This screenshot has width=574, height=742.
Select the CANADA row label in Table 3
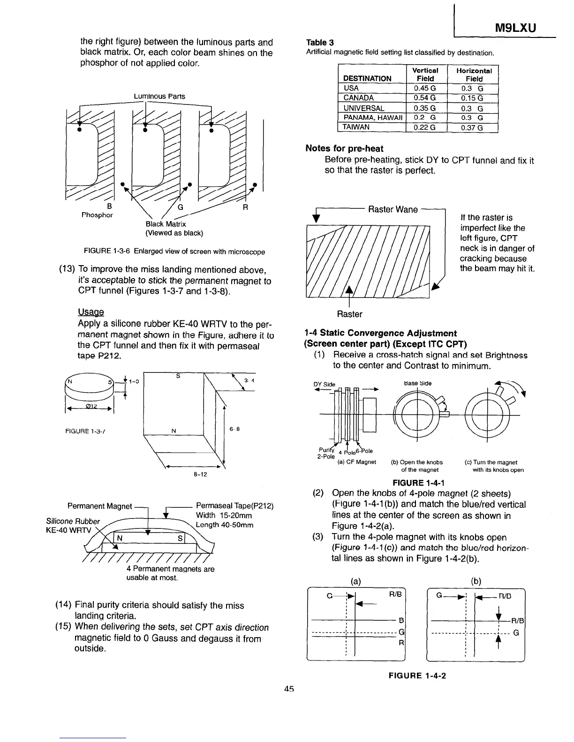coord(359,98)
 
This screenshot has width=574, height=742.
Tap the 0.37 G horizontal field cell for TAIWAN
coord(472,127)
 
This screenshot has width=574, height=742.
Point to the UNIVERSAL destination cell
coord(364,108)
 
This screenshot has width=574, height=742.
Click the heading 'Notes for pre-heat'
coord(344,148)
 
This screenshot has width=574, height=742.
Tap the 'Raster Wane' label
coord(393,209)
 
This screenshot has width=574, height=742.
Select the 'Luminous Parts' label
coord(159,96)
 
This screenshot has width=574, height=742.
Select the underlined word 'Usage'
coord(91,312)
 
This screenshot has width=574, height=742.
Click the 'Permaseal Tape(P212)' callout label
coord(234,506)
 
